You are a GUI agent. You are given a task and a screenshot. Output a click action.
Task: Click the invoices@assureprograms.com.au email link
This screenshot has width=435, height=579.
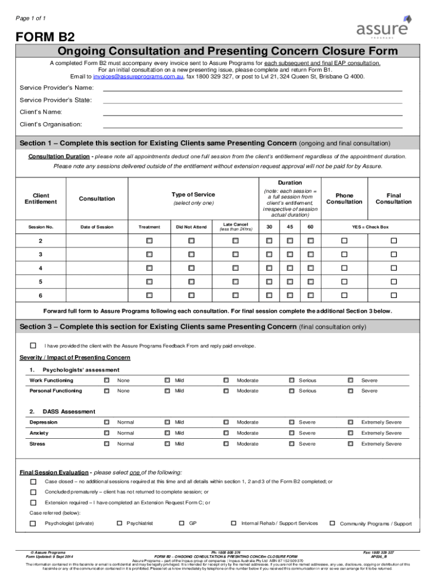(x=138, y=76)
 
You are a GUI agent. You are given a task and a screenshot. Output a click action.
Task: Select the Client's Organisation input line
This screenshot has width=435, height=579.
(x=252, y=124)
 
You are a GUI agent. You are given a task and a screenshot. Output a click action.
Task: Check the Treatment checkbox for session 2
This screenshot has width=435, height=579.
(x=149, y=241)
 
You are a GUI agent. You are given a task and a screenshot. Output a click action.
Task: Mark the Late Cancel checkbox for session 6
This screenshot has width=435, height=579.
(x=235, y=295)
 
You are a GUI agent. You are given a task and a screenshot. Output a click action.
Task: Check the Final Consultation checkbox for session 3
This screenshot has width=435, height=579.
(x=394, y=254)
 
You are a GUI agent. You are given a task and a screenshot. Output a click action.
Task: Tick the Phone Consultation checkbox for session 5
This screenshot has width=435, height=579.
(x=344, y=282)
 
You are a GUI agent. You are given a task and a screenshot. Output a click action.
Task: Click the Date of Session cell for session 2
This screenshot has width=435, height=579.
(x=97, y=241)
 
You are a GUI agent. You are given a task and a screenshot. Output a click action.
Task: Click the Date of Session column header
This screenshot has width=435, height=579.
(x=97, y=227)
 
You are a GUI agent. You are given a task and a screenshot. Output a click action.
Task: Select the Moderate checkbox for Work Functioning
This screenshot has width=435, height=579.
(x=226, y=381)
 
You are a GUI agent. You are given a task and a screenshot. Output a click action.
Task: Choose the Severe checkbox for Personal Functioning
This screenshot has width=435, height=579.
(x=350, y=391)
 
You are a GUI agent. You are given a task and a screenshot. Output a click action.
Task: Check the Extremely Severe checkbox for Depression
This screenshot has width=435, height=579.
(x=350, y=422)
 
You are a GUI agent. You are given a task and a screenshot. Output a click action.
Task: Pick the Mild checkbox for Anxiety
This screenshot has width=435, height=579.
(x=167, y=433)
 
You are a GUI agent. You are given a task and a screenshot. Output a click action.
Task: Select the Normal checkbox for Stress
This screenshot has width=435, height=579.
(x=107, y=444)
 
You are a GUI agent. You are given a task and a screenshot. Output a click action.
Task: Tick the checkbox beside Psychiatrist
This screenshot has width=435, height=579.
(x=120, y=524)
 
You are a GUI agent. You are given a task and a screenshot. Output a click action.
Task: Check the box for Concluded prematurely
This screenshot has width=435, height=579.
(x=33, y=492)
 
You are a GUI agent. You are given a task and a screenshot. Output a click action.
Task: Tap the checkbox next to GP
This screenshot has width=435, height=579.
(x=181, y=524)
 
